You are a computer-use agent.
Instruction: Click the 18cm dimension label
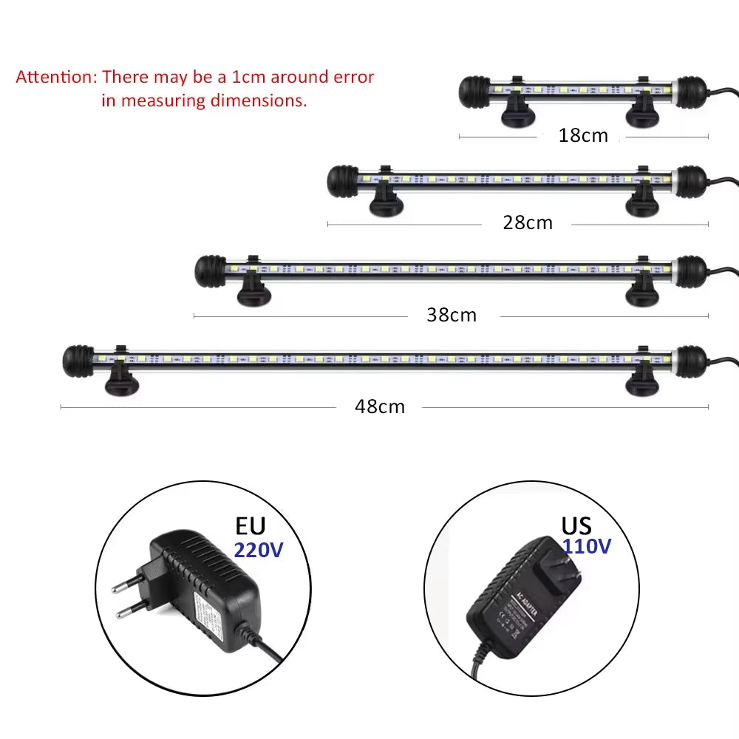[583, 135]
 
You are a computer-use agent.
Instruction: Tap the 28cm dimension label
[528, 222]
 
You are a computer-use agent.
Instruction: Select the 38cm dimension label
[452, 315]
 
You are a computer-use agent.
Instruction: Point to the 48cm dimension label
[380, 406]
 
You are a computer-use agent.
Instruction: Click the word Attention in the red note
[55, 77]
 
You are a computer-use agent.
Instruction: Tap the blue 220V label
[259, 550]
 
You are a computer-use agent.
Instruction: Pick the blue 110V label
[587, 546]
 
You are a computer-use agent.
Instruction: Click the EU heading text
[250, 526]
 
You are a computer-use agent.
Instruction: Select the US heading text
[576, 525]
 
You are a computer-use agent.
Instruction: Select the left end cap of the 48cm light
[78, 360]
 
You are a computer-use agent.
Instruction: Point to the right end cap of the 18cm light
[690, 90]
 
